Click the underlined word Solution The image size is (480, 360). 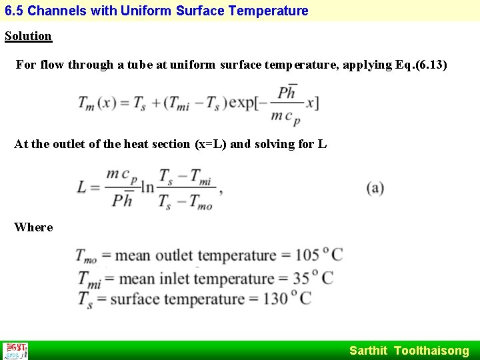coord(28,36)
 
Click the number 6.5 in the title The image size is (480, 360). coord(14,11)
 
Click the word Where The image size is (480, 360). coord(33,227)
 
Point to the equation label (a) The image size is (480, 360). coord(375,187)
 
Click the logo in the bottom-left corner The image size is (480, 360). coord(15,351)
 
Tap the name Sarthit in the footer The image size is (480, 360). coord(368,351)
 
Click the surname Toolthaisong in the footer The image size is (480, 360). coord(431,351)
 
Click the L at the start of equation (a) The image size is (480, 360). coord(82,187)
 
